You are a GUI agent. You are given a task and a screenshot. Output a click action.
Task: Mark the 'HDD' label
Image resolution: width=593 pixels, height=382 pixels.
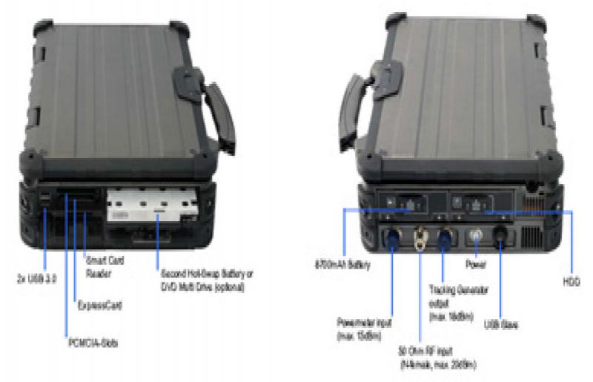point(570,283)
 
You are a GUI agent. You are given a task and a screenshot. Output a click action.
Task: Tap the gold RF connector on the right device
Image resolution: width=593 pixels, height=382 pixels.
point(421,237)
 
